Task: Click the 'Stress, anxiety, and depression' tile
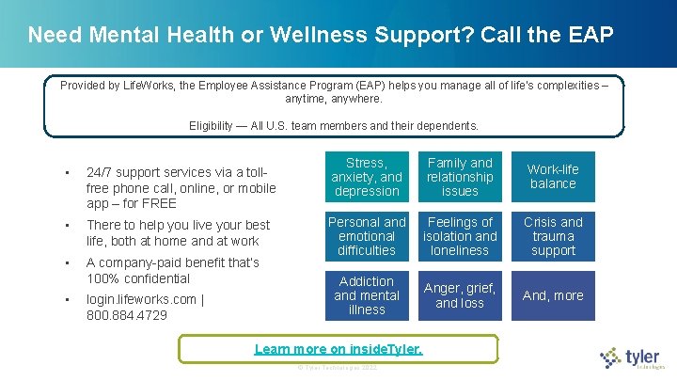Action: click(x=367, y=177)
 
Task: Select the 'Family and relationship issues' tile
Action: click(x=460, y=177)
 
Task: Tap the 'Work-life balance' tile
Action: click(x=553, y=177)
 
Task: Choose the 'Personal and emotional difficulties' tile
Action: click(x=367, y=236)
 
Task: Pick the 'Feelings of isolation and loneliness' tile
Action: click(x=460, y=236)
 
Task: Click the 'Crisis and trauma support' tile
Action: click(x=553, y=236)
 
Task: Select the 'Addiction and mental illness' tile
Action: click(x=367, y=295)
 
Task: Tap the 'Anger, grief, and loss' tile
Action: click(x=460, y=295)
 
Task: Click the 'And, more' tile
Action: click(x=553, y=295)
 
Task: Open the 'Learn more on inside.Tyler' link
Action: click(x=338, y=349)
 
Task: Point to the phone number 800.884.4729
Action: click(x=127, y=315)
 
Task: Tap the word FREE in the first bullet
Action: click(x=158, y=203)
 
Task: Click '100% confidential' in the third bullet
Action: click(x=138, y=278)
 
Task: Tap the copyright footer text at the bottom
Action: click(x=338, y=367)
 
